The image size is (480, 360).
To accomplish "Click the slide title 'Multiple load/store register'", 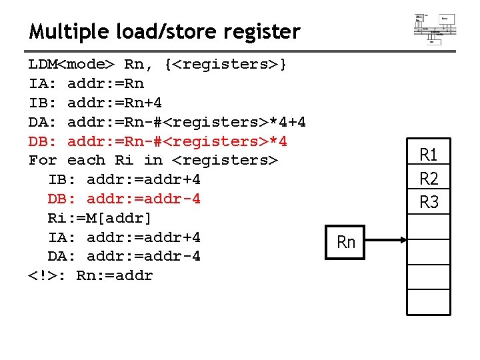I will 165,31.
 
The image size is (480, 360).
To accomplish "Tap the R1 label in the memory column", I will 429,155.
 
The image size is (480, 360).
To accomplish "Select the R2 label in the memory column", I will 429,179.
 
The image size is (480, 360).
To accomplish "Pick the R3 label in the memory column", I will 429,202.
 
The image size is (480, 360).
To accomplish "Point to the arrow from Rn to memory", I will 385,242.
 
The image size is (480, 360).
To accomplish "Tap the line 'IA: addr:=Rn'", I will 86,84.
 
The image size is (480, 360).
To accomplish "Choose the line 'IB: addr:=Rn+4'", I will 95,103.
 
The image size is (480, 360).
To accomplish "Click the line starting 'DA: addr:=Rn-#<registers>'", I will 167,123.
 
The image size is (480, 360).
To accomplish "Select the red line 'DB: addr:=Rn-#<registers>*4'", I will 157,141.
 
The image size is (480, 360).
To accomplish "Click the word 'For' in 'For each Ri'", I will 43,161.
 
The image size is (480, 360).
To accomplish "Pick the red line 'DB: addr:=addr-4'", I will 124,199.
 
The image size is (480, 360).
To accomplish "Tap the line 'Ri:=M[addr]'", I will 99,218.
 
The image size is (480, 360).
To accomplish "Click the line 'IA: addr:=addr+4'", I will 124,237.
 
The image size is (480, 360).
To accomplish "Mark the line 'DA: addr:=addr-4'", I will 124,256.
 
